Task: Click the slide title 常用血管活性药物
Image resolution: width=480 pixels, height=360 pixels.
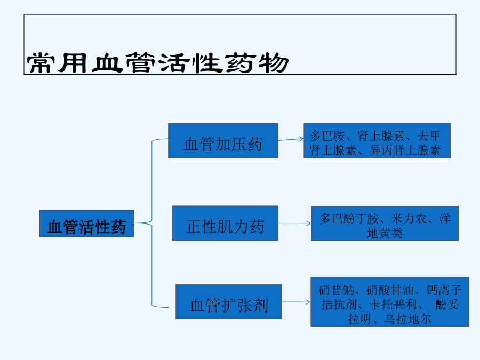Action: pyautogui.click(x=158, y=63)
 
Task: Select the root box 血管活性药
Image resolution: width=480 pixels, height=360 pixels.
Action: pyautogui.click(x=86, y=223)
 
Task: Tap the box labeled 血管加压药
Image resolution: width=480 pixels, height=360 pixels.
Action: pyautogui.click(x=223, y=141)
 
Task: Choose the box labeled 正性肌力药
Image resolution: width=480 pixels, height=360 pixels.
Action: pyautogui.click(x=225, y=223)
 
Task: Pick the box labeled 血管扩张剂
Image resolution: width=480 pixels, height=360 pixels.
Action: pyautogui.click(x=229, y=302)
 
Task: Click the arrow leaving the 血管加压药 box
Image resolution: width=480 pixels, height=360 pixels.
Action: pyautogui.click(x=291, y=139)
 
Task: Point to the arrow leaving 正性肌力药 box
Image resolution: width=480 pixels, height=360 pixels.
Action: pyautogui.click(x=294, y=223)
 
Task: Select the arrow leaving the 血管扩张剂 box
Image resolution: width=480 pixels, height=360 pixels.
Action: pyautogui.click(x=296, y=302)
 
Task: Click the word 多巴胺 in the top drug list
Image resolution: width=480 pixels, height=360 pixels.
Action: pyautogui.click(x=327, y=135)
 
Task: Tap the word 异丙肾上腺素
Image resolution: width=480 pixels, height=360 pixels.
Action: pyautogui.click(x=405, y=150)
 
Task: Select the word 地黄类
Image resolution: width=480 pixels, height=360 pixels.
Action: pyautogui.click(x=385, y=234)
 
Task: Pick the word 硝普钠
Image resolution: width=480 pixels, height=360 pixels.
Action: pyautogui.click(x=336, y=290)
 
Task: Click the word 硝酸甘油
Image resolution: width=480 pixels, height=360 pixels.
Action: pyautogui.click(x=390, y=290)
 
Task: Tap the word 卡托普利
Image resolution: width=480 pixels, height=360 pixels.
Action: pyautogui.click(x=394, y=305)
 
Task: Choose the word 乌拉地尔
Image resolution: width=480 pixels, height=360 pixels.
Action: pyautogui.click(x=408, y=319)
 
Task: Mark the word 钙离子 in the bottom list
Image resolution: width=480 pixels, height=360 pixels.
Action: pyautogui.click(x=444, y=290)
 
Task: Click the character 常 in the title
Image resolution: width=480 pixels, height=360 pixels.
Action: pyautogui.click(x=39, y=63)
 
